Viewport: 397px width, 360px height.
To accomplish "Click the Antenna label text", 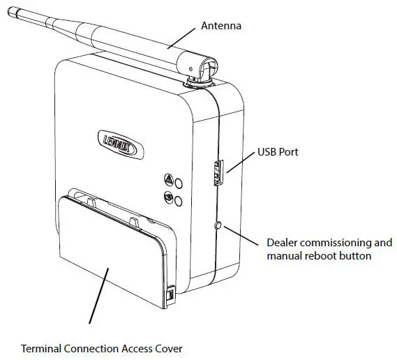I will point(221,26).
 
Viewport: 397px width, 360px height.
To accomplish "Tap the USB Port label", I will point(278,151).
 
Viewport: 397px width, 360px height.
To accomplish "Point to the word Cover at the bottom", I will point(168,347).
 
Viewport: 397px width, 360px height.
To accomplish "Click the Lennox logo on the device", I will point(118,144).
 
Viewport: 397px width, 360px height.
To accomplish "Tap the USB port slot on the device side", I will point(217,172).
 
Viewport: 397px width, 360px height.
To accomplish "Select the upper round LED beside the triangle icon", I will point(179,183).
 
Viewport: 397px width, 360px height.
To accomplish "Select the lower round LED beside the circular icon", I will point(179,201).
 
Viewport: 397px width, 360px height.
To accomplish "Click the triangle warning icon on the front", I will point(167,179).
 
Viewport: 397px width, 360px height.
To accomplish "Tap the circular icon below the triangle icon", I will point(167,197).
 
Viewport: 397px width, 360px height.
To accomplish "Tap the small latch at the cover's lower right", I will point(172,296).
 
